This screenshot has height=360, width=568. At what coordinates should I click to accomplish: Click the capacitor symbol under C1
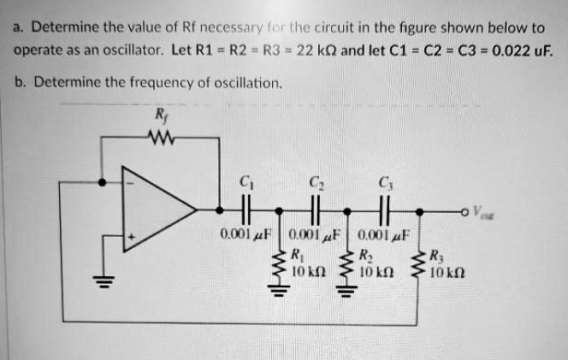246,209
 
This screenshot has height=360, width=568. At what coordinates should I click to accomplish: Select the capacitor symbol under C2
314,209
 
